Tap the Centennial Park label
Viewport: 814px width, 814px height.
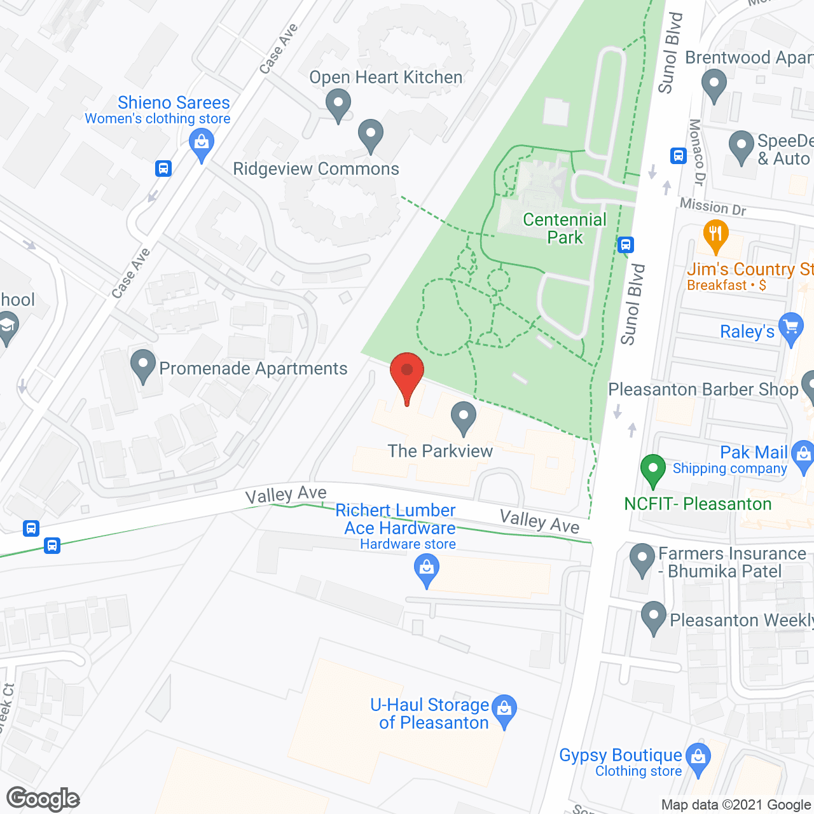565,228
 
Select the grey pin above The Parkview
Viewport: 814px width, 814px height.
464,417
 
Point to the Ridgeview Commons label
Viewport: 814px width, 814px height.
316,169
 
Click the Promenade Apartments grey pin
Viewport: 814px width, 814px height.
143,365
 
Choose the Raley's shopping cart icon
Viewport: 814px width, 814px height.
791,328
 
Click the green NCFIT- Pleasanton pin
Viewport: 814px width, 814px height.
652,471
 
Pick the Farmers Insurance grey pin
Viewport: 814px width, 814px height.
642,559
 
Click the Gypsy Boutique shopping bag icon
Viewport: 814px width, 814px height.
699,759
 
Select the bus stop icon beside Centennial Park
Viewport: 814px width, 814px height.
626,244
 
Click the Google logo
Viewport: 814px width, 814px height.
43,799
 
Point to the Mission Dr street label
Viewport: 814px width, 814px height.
713,206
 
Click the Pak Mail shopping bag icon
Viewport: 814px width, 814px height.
804,455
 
